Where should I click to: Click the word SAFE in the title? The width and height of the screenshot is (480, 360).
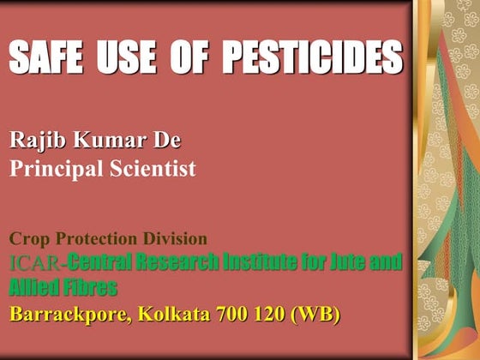[46, 57]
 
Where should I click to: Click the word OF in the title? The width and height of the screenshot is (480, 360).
[194, 57]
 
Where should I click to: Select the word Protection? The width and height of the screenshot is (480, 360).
[96, 239]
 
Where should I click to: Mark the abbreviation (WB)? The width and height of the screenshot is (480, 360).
[317, 315]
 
